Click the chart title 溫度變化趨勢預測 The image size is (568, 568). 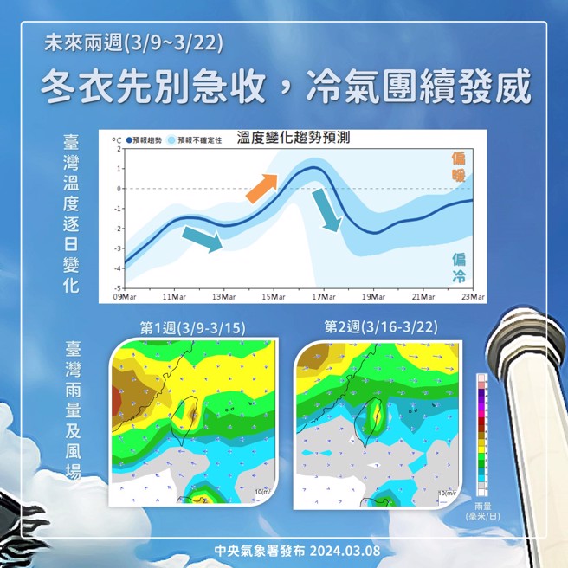[293, 137]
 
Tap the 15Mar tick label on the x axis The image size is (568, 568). [273, 297]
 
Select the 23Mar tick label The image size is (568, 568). [473, 297]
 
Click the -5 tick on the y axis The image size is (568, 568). [118, 287]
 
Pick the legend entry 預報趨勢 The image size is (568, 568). [145, 139]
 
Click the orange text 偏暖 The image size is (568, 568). [458, 167]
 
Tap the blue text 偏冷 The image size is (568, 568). [458, 266]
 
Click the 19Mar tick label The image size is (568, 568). [373, 297]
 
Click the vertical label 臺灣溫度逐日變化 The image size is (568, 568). [70, 213]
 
